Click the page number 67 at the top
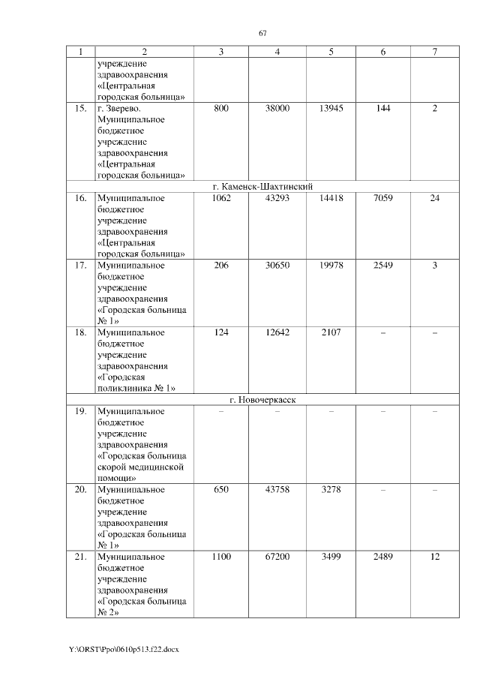(x=262, y=33)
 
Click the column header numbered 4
(x=277, y=52)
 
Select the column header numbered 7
(x=434, y=52)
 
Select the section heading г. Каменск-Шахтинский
(x=262, y=187)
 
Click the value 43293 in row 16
(x=277, y=199)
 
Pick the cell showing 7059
(x=383, y=199)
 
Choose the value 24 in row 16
(x=434, y=199)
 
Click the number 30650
(x=277, y=265)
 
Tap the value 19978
(x=331, y=265)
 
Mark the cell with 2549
(x=383, y=265)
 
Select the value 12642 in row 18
(x=277, y=332)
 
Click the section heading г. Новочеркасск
(x=262, y=400)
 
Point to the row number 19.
(x=80, y=412)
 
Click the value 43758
(x=277, y=490)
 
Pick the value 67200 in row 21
(x=277, y=557)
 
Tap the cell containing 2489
(x=383, y=557)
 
